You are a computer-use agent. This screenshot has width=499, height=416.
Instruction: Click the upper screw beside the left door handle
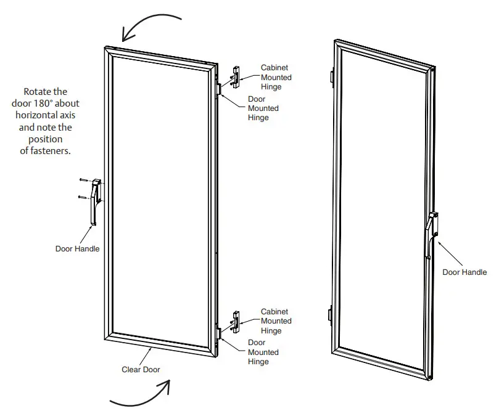[x=85, y=180]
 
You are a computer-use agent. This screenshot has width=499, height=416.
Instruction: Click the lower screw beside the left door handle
[x=85, y=197]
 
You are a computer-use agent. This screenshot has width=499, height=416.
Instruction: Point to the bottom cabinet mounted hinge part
[x=235, y=322]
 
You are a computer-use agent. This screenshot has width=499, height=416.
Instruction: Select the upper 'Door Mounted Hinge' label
[x=263, y=108]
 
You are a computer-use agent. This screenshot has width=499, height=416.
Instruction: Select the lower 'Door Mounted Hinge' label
[x=263, y=352]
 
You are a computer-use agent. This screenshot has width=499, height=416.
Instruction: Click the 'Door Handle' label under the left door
[x=77, y=249]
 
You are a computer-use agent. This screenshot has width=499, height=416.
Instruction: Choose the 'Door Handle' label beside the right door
[x=464, y=272]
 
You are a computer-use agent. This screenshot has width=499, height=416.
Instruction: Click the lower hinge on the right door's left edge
[x=331, y=314]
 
